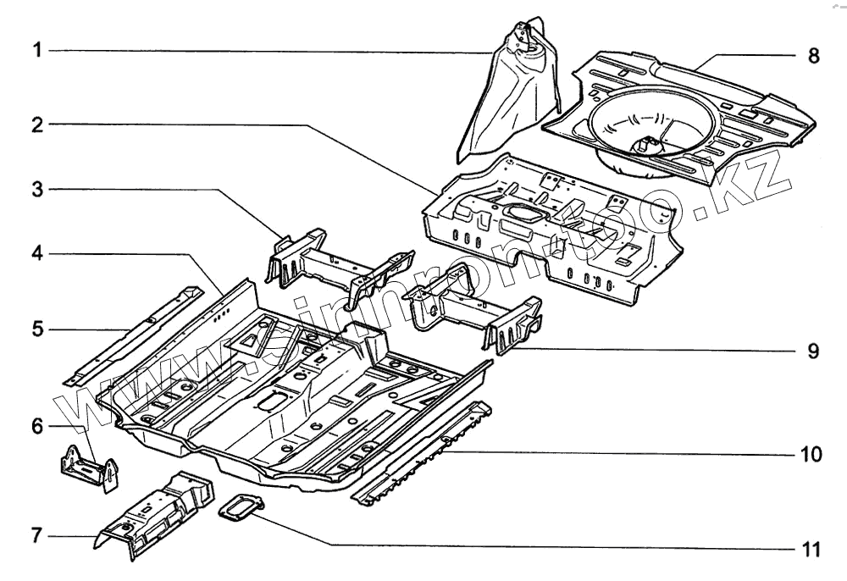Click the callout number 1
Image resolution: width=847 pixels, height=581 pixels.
point(36,51)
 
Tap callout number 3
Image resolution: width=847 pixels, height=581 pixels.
point(36,190)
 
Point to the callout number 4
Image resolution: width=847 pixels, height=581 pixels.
point(36,254)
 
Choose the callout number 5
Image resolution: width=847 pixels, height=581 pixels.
point(36,328)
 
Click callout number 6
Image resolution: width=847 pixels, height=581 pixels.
point(36,425)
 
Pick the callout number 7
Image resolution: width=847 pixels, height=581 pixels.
point(36,535)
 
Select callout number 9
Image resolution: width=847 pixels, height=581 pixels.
point(813,351)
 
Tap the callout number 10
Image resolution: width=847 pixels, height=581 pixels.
point(811,455)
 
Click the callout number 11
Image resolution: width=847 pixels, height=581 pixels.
point(811,550)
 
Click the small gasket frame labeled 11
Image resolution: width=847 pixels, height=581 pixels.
point(241,509)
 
